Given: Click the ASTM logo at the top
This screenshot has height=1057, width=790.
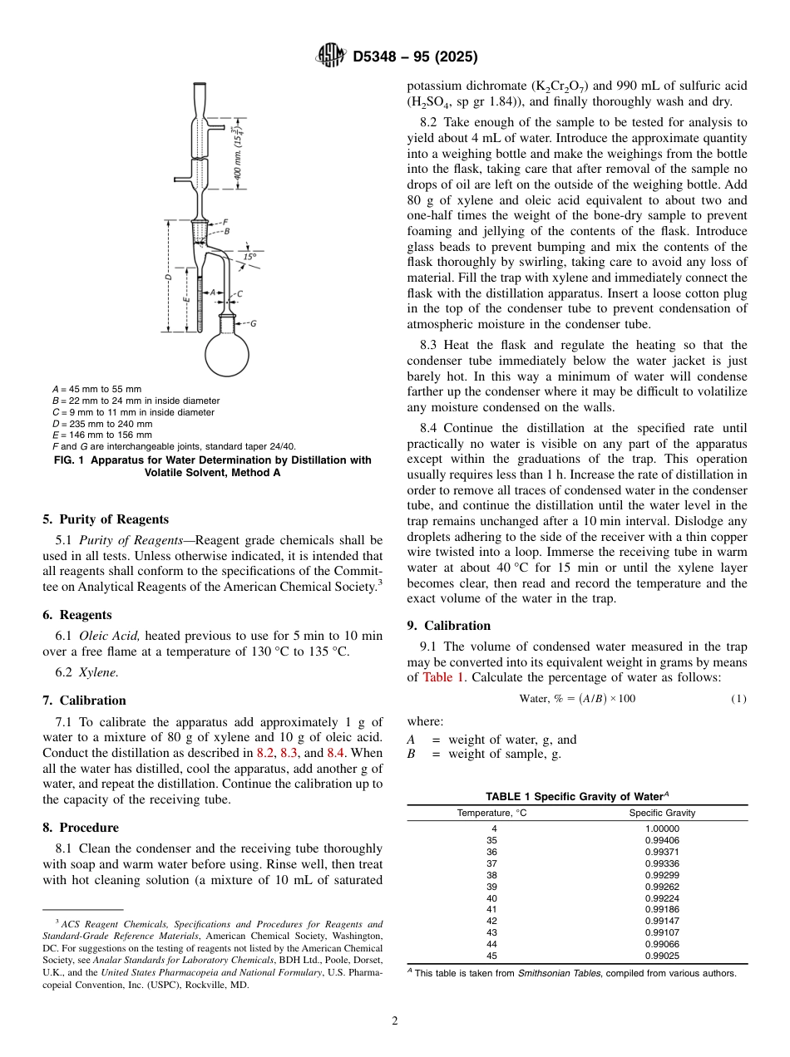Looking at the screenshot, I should [x=332, y=57].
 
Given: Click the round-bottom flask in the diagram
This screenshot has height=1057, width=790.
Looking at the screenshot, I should [x=227, y=352].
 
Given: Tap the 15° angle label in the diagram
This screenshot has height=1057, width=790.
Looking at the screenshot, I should [x=249, y=257].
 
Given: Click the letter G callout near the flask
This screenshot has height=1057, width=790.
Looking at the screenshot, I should [x=253, y=323].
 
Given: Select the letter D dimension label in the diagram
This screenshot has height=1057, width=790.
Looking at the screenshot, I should [x=168, y=276].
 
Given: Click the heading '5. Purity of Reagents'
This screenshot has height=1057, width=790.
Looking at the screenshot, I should [x=106, y=519].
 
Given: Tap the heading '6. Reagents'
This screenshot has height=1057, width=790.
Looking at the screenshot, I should [x=77, y=615].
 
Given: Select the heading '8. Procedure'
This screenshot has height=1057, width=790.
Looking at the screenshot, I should [x=80, y=828].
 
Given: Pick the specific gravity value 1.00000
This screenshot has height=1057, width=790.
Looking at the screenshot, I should [x=662, y=828].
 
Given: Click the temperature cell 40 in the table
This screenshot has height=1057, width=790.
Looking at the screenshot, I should [x=491, y=898].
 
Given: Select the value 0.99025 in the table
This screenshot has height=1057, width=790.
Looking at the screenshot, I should [x=662, y=956].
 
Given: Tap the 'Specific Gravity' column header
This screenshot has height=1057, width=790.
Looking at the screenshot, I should [x=662, y=813].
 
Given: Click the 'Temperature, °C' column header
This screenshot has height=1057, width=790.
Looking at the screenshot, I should [x=491, y=813].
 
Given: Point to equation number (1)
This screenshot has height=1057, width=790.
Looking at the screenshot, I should [x=738, y=699].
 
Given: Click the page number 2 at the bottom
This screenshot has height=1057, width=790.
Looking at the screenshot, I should [x=395, y=1021].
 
